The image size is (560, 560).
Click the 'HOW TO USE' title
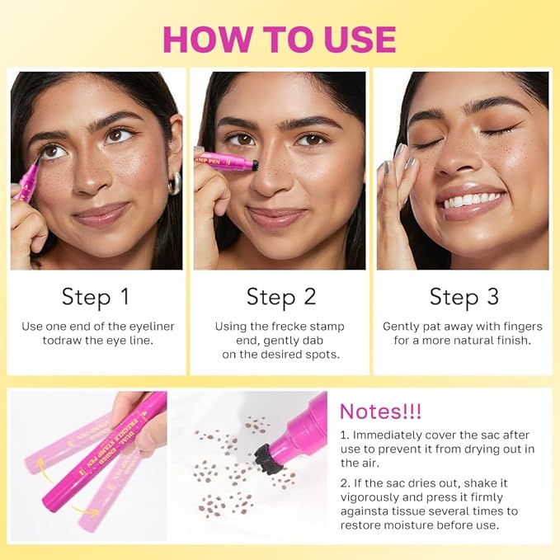pyautogui.click(x=279, y=39)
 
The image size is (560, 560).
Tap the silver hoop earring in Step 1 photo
pyautogui.click(x=174, y=182)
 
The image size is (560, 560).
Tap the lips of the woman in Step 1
pyautogui.click(x=101, y=216)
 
